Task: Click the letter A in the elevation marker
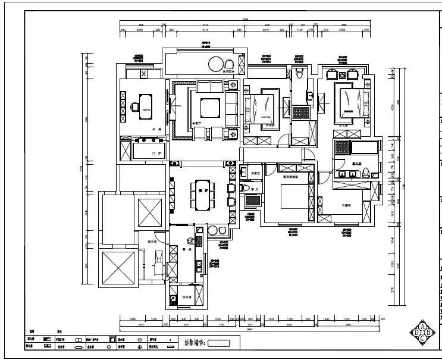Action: (422, 326)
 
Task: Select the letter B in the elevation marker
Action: (428, 333)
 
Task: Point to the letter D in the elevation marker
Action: (415, 333)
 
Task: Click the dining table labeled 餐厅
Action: (201, 194)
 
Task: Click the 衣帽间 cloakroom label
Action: (348, 205)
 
